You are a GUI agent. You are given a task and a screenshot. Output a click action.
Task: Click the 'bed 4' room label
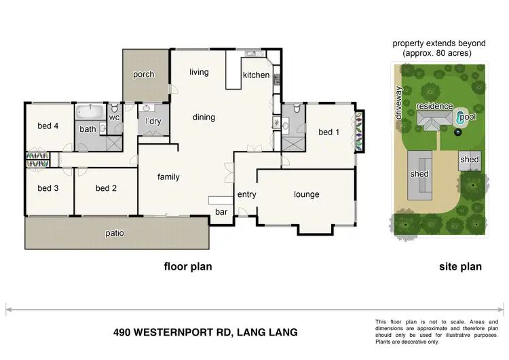pyautogui.click(x=48, y=125)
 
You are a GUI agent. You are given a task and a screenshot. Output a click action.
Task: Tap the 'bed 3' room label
pyautogui.click(x=48, y=188)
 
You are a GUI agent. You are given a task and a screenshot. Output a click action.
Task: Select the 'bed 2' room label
pyautogui.click(x=107, y=188)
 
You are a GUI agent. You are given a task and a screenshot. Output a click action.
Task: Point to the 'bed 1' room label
pyautogui.click(x=328, y=132)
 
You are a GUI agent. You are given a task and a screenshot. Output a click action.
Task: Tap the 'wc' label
pyautogui.click(x=114, y=118)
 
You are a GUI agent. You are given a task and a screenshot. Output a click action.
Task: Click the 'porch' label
pyautogui.click(x=143, y=75)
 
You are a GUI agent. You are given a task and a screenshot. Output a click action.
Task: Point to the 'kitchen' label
pyautogui.click(x=256, y=75)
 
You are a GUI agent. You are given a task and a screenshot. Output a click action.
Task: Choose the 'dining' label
pyautogui.click(x=204, y=118)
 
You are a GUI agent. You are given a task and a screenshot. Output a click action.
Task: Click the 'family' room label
pyautogui.click(x=168, y=177)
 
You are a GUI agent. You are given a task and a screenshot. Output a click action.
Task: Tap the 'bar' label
pyautogui.click(x=221, y=212)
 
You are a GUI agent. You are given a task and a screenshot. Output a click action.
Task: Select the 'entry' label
pyautogui.click(x=246, y=195)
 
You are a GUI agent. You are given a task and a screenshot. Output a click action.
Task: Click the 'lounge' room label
pyautogui.click(x=306, y=195)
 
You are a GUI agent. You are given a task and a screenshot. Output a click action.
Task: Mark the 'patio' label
pyautogui.click(x=115, y=234)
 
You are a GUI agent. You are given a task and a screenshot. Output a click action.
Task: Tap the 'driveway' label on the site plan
pyautogui.click(x=399, y=103)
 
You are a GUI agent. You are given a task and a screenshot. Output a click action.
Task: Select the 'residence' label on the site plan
pyautogui.click(x=434, y=107)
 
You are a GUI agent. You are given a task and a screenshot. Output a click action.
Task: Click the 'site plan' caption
pyautogui.click(x=459, y=267)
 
